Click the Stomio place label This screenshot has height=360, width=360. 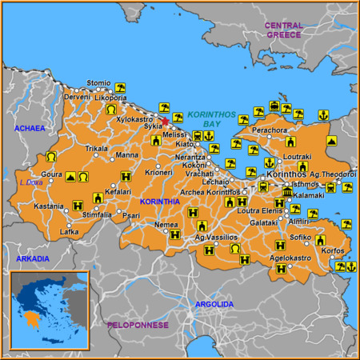98,82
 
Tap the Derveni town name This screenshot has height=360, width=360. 78,96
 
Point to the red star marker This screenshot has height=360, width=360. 165,122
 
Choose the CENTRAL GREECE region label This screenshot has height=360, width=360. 284,30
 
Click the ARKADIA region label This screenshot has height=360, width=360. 32,258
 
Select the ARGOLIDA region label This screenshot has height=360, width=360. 215,304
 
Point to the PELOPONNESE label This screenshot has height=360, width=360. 138,325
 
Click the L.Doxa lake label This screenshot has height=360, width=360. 31,182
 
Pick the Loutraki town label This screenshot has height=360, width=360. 298,156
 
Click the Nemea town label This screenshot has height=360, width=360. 166,225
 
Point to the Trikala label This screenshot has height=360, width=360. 97,149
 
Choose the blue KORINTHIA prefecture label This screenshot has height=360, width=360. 159,202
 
